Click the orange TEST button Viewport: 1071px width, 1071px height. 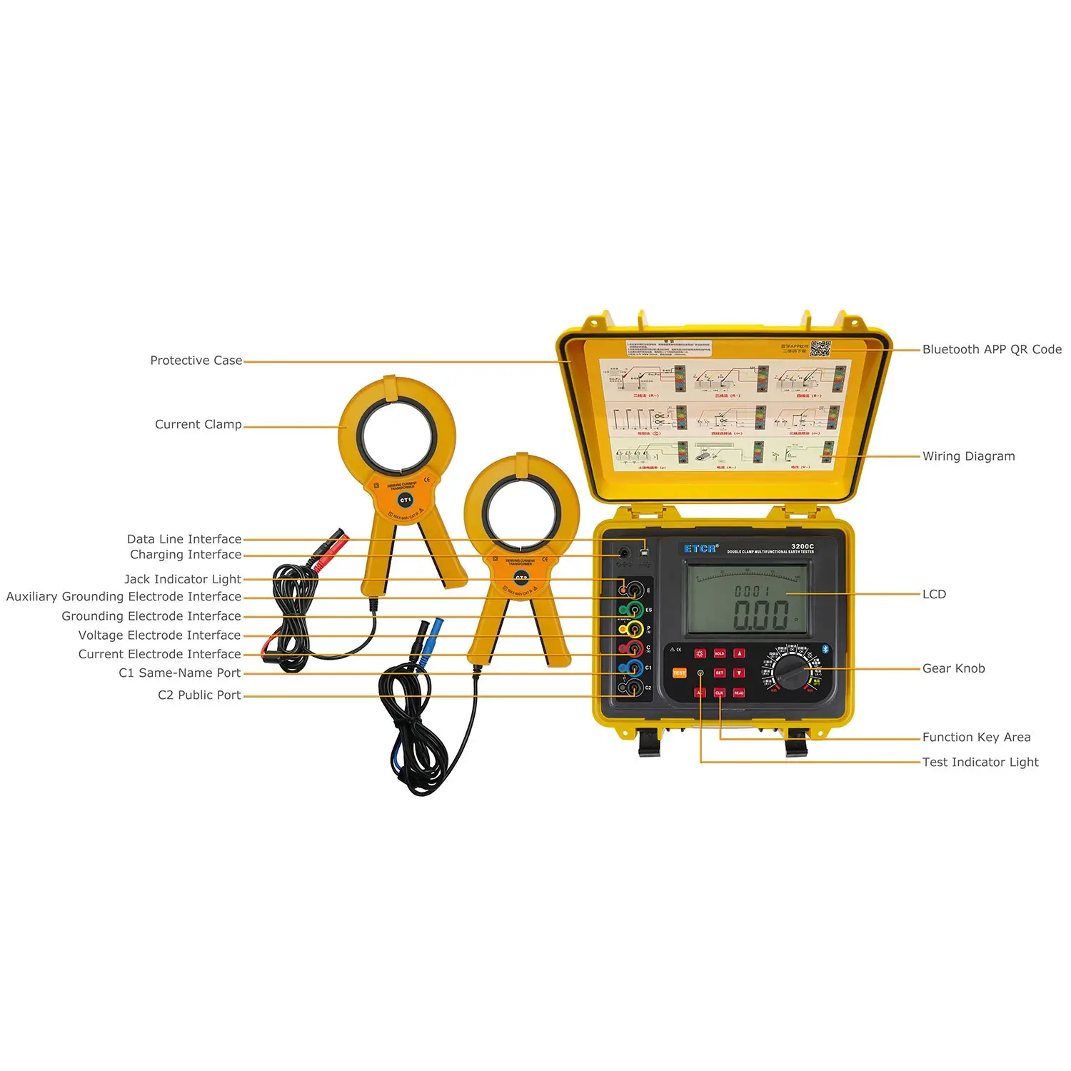[679, 673]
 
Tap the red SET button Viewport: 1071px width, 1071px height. [719, 673]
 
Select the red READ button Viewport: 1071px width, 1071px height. [738, 693]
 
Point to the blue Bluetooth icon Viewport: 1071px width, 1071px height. [825, 649]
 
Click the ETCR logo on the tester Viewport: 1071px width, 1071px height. [700, 548]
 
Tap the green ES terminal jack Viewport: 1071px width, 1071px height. [633, 610]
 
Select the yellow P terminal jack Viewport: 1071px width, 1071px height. [633, 629]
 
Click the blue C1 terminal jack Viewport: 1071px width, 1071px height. [633, 668]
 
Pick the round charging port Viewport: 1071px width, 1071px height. [624, 552]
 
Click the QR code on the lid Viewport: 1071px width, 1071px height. [820, 349]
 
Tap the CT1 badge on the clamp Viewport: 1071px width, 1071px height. [405, 500]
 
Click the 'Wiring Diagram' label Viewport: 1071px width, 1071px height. [968, 456]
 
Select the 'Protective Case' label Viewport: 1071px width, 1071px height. [196, 361]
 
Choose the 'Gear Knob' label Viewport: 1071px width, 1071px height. [953, 668]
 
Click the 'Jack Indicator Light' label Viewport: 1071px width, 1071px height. [183, 579]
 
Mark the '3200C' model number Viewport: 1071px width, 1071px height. [802, 546]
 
